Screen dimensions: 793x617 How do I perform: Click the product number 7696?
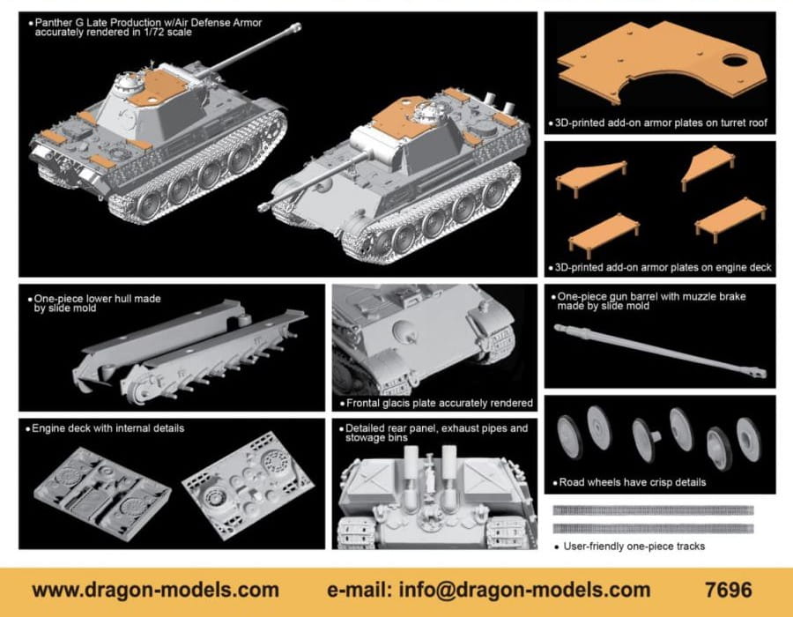[x=729, y=591]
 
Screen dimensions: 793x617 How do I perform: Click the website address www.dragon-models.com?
[x=155, y=591]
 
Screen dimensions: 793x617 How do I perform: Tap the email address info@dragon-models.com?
[x=524, y=591]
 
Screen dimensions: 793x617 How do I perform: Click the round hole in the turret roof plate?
[x=735, y=62]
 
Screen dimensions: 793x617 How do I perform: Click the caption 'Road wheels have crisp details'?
[x=632, y=482]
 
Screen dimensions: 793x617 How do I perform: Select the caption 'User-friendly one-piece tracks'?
[x=634, y=546]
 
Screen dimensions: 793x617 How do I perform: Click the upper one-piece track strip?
[x=654, y=510]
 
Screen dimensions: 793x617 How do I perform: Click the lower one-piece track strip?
[x=654, y=529]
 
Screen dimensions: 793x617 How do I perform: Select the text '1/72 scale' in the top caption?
[x=167, y=33]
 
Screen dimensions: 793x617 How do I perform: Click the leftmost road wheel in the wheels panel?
[x=569, y=437]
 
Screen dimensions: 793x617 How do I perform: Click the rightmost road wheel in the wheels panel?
[x=748, y=439]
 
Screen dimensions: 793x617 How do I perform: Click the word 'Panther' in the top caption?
[x=53, y=23]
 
